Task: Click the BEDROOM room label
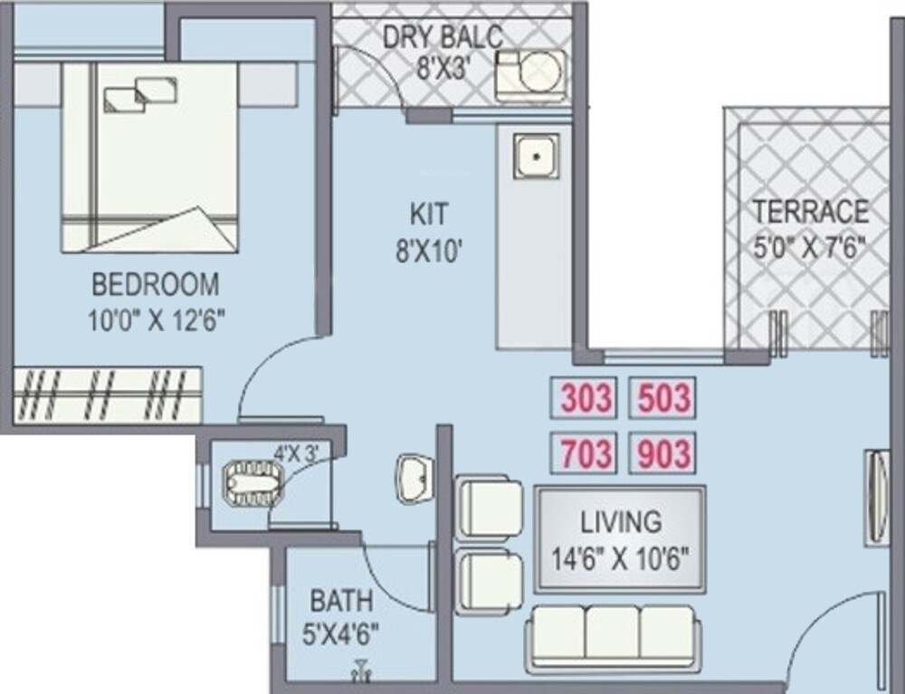[155, 284]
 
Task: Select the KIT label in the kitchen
[428, 215]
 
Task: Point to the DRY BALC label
[443, 38]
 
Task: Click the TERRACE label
[811, 212]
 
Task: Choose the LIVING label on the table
[621, 522]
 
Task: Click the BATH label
[341, 601]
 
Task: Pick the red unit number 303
[586, 398]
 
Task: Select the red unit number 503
[662, 398]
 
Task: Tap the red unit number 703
[586, 452]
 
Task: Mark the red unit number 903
[662, 452]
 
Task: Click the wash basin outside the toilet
[413, 476]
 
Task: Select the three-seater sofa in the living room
[613, 637]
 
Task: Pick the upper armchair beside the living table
[490, 507]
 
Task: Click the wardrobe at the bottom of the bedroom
[108, 395]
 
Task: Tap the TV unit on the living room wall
[875, 497]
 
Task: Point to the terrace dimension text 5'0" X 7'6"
[811, 247]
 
